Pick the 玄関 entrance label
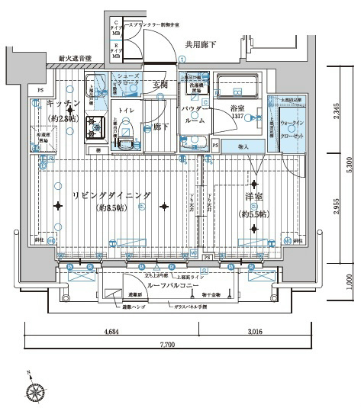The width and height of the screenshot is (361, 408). point(160,84)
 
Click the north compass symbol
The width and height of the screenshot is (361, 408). point(35,392)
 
